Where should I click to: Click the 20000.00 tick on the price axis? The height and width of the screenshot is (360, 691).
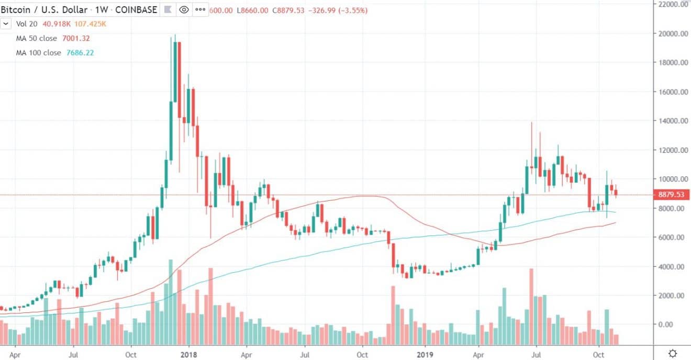[672, 34]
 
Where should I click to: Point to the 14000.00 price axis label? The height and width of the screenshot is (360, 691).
[672, 121]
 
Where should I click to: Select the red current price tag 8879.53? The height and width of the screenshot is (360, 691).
[672, 195]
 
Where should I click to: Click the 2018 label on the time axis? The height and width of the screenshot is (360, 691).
[187, 353]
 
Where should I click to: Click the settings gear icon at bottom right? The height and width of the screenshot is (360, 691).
[673, 353]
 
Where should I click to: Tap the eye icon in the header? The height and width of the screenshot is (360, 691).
[184, 9]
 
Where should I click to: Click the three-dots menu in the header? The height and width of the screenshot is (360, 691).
[199, 9]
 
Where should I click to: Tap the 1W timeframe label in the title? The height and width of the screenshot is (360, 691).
[100, 9]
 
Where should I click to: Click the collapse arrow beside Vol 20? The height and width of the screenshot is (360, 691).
[6, 24]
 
